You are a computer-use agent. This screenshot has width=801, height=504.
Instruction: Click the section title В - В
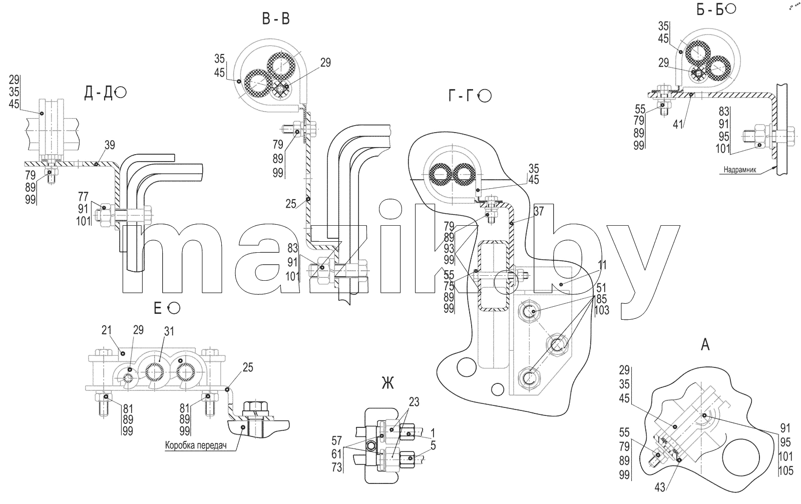pos(276,19)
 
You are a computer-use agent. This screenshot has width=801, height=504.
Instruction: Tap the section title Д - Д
pos(98,93)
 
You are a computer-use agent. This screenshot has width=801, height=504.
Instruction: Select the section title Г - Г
pos(461,96)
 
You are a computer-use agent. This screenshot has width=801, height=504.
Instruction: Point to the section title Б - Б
pos(710,10)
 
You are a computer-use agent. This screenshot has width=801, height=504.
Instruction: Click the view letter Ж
pos(387,384)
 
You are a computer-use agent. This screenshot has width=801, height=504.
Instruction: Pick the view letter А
pos(705,345)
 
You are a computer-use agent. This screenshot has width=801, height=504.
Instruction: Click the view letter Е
pos(158,308)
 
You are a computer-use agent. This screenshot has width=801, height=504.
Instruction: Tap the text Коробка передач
pos(196,446)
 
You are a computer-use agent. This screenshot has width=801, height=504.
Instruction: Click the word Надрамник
pos(740,170)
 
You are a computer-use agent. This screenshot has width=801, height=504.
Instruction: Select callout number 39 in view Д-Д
pos(110,145)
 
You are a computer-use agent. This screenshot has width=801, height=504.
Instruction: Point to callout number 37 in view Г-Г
pos(539,211)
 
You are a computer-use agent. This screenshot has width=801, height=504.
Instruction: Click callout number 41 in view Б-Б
pos(678,124)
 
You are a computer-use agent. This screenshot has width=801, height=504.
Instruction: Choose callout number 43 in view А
pos(660,487)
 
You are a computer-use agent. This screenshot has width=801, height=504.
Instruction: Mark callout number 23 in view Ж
pos(414,402)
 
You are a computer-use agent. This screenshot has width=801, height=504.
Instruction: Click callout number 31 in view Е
pos(169,331)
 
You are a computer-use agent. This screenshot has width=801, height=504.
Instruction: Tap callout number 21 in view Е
pos(107,330)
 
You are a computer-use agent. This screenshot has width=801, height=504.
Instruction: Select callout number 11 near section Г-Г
pos(602,265)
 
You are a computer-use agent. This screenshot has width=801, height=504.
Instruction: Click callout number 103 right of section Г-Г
pos(602,310)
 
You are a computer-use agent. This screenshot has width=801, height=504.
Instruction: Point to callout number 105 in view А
pos(785,471)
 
